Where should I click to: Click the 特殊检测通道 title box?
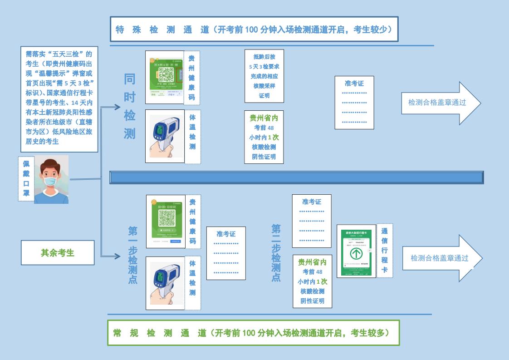(x=254, y=30)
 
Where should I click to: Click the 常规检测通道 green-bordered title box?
(x=253, y=333)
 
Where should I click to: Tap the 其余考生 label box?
(x=58, y=253)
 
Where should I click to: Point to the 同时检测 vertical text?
(x=130, y=106)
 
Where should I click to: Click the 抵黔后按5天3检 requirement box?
(x=264, y=76)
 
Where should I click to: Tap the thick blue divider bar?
(x=296, y=178)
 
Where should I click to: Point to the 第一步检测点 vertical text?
(x=132, y=255)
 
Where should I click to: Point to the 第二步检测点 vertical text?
(x=276, y=252)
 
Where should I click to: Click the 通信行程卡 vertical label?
(x=384, y=251)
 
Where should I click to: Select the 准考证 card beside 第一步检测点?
(x=226, y=253)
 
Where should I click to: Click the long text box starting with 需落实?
(x=59, y=98)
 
